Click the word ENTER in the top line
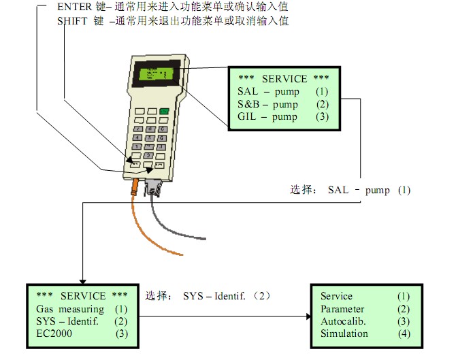(x=74, y=7)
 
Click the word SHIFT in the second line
(x=73, y=20)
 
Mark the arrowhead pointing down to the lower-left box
(x=82, y=280)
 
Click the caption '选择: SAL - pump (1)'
(x=350, y=190)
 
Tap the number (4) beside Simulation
(x=404, y=333)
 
